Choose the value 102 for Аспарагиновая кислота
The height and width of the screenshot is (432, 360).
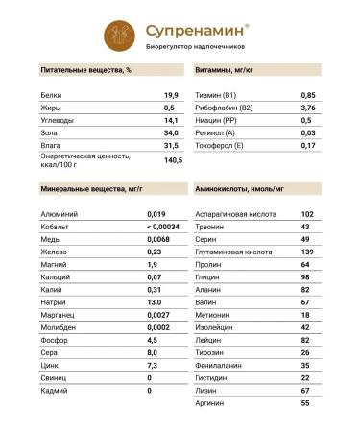coord(307,213)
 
